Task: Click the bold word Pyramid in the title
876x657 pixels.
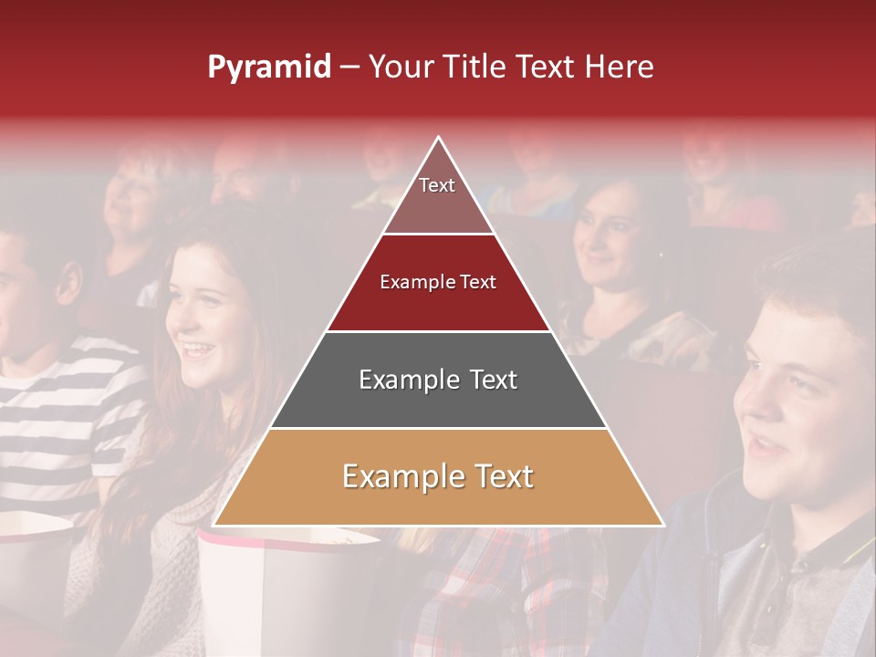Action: [x=269, y=68]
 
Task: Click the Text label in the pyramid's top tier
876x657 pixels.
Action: [x=437, y=185]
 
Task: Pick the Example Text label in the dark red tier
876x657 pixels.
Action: [x=438, y=282]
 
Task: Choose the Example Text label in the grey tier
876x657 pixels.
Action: [x=438, y=380]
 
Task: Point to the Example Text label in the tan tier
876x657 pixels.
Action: [x=438, y=476]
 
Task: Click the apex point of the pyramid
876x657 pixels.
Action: [x=439, y=138]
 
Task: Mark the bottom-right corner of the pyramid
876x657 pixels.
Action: [x=663, y=525]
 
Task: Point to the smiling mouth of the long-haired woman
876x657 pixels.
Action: [x=198, y=349]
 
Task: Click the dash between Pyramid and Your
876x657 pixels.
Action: [x=349, y=68]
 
